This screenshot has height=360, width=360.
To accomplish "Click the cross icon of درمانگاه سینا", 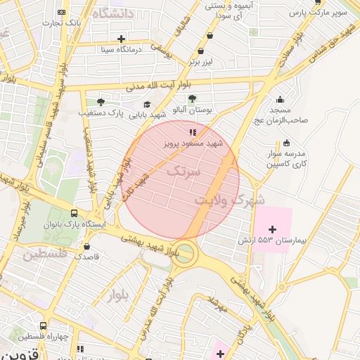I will pyautogui.click(x=122, y=39).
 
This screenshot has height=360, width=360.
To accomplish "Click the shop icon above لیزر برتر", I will pyautogui.click(x=201, y=51).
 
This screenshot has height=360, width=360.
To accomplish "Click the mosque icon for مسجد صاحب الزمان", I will pyautogui.click(x=281, y=99).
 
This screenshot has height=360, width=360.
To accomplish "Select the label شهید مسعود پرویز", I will pyautogui.click(x=193, y=143).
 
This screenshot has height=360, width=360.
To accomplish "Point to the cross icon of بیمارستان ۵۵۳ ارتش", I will pyautogui.click(x=273, y=229).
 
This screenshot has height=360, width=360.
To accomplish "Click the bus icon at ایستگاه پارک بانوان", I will pyautogui.click(x=75, y=214).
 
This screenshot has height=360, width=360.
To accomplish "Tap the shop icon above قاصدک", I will pyautogui.click(x=86, y=246).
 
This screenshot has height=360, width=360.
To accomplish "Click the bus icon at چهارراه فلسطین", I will pyautogui.click(x=44, y=326).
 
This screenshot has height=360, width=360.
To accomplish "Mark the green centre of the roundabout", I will pyautogui.click(x=184, y=252).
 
